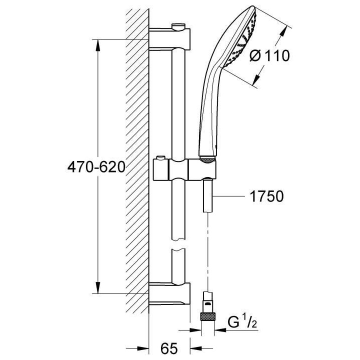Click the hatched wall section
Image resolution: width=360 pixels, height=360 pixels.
click(136, 165)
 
